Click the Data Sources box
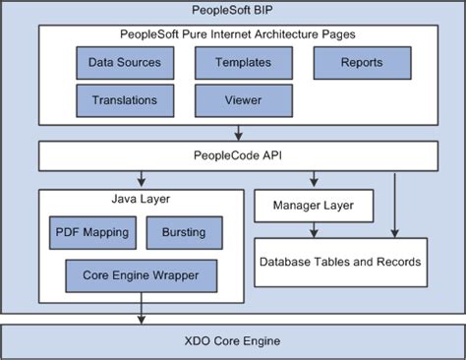pyautogui.click(x=125, y=63)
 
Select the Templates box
pyautogui.click(x=243, y=63)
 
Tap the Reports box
pyautogui.click(x=361, y=63)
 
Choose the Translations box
pyautogui.click(x=125, y=99)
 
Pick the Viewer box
pyautogui.click(x=243, y=99)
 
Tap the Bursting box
pyautogui.click(x=184, y=232)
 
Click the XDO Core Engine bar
pyautogui.click(x=233, y=341)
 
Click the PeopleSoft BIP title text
pyautogui.click(x=233, y=11)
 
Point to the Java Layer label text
pyautogui.click(x=142, y=199)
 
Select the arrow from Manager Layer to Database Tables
pyautogui.click(x=314, y=230)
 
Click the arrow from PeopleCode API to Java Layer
pyautogui.click(x=143, y=180)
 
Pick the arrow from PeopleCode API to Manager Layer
pyautogui.click(x=313, y=180)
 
